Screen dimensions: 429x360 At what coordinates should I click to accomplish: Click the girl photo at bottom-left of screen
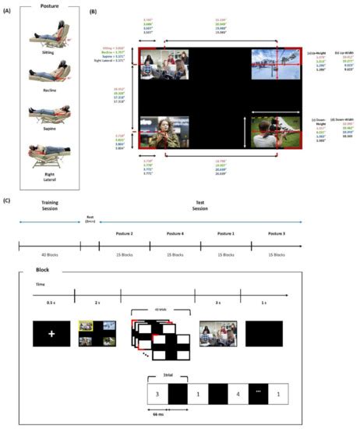[158, 132]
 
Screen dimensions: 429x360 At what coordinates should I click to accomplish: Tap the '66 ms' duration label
[158, 411]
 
